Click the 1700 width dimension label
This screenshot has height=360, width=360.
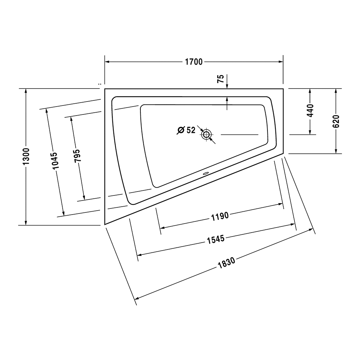click(x=194, y=62)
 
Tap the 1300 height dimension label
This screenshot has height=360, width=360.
click(x=26, y=156)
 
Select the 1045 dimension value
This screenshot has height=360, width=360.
click(x=55, y=161)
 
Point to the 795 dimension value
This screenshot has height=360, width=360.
click(x=77, y=156)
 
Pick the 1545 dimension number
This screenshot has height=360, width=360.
click(x=216, y=239)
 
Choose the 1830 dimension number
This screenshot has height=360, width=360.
click(x=226, y=263)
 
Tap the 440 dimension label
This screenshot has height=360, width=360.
click(x=310, y=111)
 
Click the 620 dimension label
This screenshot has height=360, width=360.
click(x=336, y=121)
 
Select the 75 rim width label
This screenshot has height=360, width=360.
click(x=220, y=79)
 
